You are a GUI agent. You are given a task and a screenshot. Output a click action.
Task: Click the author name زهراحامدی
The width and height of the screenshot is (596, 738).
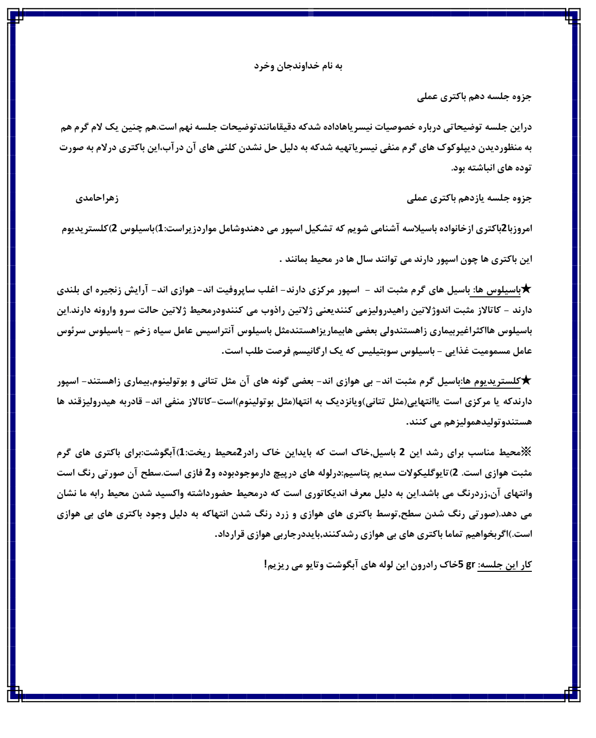[x=97, y=198]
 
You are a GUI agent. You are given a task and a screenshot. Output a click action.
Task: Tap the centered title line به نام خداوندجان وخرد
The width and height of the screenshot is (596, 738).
[x=298, y=66]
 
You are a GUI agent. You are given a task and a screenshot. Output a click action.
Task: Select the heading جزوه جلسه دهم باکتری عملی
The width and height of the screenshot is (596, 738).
[x=474, y=97]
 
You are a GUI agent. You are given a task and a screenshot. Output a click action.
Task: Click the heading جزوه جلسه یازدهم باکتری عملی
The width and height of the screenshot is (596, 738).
[x=469, y=198]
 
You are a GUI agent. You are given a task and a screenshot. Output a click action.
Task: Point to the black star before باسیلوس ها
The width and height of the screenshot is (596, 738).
[x=527, y=290]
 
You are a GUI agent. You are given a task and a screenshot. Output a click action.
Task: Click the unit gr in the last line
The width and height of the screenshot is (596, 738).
[x=470, y=565]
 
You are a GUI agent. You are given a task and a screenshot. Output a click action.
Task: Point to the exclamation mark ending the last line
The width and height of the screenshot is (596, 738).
[x=266, y=565]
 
